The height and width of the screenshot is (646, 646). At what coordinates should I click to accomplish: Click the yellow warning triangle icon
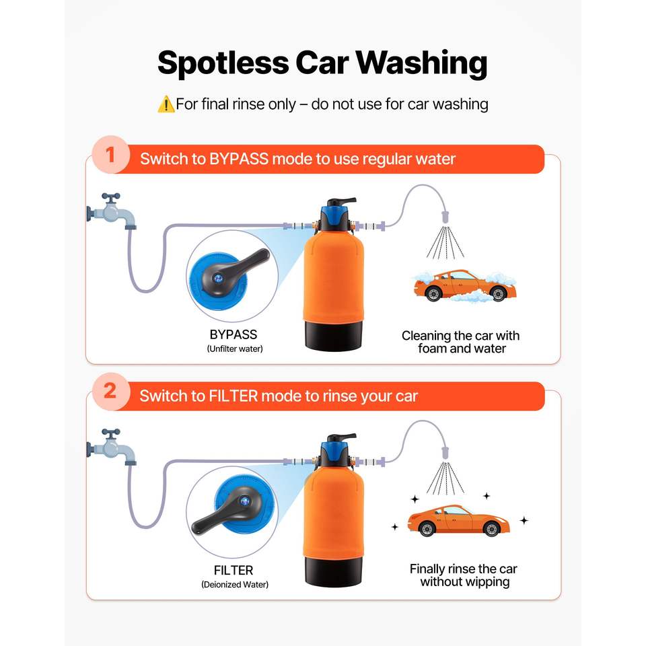click(x=166, y=104)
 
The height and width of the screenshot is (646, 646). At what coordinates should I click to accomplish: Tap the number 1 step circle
click(x=110, y=155)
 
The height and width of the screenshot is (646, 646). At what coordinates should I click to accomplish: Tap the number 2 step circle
click(x=110, y=392)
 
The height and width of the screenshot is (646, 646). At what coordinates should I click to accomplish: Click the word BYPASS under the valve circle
click(x=234, y=334)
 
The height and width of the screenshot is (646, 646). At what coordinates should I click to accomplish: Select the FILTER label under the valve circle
click(x=234, y=570)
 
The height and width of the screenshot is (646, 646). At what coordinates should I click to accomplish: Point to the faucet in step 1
click(x=111, y=211)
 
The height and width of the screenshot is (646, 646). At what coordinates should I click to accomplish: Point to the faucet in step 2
click(x=111, y=447)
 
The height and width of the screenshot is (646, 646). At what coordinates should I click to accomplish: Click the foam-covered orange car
click(x=465, y=286)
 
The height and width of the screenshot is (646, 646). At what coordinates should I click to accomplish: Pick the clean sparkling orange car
click(x=458, y=520)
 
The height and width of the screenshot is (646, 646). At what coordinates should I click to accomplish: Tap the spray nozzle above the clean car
click(x=445, y=453)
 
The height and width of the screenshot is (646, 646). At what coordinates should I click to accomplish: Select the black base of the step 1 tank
click(x=334, y=335)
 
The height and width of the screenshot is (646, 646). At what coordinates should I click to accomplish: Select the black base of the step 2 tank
click(x=334, y=571)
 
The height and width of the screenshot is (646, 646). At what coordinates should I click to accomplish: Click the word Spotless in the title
click(x=223, y=63)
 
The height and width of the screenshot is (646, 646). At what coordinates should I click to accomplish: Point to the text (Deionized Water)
click(x=235, y=585)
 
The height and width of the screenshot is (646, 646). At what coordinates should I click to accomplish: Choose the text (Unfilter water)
click(x=235, y=349)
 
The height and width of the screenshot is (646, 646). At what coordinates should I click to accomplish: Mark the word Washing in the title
click(x=422, y=63)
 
